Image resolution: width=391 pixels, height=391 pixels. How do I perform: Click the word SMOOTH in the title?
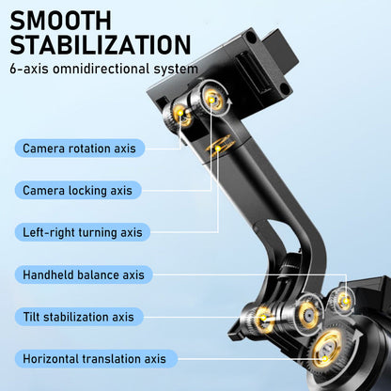pos(61,21)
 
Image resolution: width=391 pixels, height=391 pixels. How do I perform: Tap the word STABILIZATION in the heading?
pos(101,45)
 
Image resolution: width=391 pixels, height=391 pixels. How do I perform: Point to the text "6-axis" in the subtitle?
pos(29,69)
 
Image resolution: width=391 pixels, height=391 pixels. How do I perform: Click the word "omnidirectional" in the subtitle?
pos(101,69)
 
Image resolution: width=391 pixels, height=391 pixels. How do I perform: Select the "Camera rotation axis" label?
pos(80,149)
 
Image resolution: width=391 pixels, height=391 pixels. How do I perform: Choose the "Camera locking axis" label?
pos(78,190)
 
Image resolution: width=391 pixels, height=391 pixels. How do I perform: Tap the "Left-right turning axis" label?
pos(83,232)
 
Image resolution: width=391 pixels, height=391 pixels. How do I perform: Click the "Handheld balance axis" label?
pos(84,274)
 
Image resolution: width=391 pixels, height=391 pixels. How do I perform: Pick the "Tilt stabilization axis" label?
pos(79,317)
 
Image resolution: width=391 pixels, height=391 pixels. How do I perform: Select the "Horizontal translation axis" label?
pos(95,359)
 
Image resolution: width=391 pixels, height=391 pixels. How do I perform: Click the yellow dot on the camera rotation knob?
pos(180,113)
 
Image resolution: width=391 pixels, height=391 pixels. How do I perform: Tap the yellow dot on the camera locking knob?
pos(212,100)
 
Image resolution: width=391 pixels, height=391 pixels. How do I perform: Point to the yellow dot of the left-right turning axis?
pos(218,148)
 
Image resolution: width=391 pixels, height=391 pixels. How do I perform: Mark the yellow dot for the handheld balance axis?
pos(346,302)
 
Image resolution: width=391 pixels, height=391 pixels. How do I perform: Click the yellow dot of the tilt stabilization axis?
pos(263,318)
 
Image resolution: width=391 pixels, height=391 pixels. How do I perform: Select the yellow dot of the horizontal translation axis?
pos(325,359)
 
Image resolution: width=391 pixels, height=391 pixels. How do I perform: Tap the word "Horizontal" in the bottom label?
pos(53,359)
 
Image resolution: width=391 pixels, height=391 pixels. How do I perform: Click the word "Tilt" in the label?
pos(31,317)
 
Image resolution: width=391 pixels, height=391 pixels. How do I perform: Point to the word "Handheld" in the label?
pos(48,274)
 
